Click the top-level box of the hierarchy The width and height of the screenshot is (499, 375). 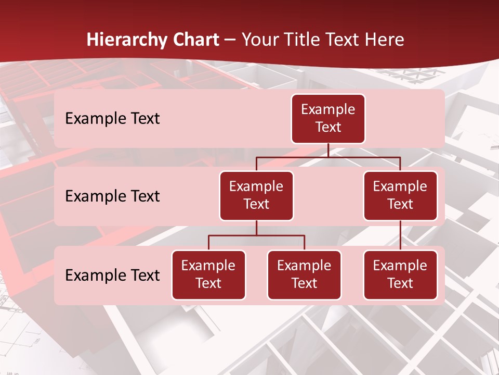[328, 118]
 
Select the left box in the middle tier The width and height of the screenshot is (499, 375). [256, 195]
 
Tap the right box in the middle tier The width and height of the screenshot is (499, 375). [400, 195]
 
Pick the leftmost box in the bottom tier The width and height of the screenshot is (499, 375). [208, 274]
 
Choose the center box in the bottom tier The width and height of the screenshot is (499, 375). [304, 274]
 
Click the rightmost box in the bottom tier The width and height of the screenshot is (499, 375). [400, 274]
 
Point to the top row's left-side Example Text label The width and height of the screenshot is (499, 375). [112, 118]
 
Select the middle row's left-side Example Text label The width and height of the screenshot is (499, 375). [112, 196]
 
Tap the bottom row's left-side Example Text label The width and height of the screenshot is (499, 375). [112, 275]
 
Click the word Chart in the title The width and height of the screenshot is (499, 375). [195, 40]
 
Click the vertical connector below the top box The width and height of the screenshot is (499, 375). [328, 150]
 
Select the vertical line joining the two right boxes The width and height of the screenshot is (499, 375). [400, 235]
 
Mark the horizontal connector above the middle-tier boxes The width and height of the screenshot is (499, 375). [328, 157]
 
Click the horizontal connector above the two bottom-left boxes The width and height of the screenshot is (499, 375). [256, 235]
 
